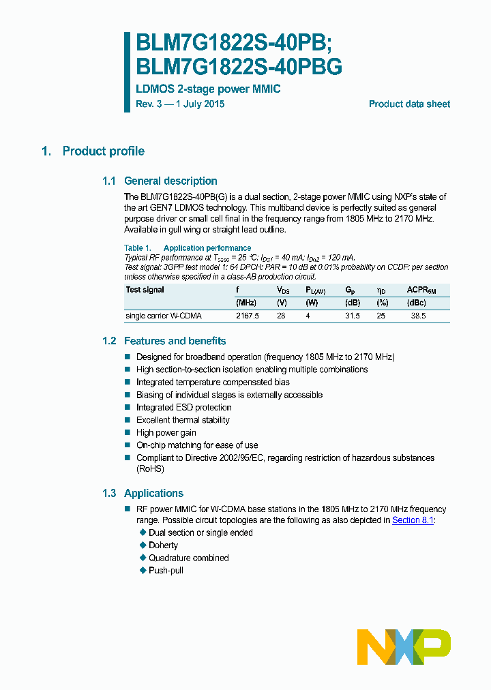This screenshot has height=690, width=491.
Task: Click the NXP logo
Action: click(x=404, y=646)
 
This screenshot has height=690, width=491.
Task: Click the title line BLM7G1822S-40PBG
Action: click(x=239, y=67)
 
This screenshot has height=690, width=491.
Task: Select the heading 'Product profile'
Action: click(x=103, y=151)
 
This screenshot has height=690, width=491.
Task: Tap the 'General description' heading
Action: click(x=170, y=181)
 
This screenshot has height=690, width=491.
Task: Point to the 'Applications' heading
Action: click(x=153, y=494)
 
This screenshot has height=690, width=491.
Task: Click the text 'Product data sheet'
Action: click(x=409, y=104)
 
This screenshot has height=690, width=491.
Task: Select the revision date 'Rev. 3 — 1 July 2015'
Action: click(x=180, y=104)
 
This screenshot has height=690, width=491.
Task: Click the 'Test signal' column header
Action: click(x=145, y=290)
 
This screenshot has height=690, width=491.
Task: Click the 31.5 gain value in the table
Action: click(x=353, y=316)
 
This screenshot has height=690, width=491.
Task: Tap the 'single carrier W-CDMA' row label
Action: click(x=164, y=316)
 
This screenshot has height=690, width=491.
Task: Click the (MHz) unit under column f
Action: click(x=246, y=303)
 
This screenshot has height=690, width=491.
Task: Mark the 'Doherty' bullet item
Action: click(x=163, y=545)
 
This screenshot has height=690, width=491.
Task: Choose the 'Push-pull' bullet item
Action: click(x=166, y=570)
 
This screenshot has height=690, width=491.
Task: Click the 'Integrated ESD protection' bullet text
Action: click(x=183, y=408)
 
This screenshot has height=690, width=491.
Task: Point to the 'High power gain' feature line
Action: click(x=166, y=433)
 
